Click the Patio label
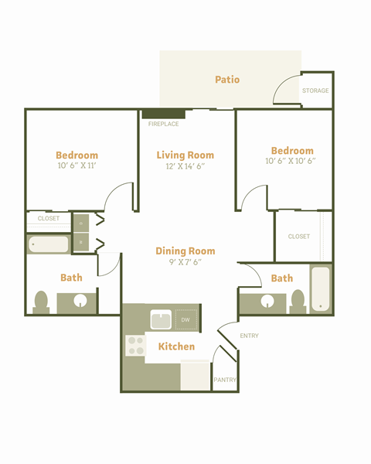click(x=227, y=80)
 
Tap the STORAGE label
click(x=315, y=91)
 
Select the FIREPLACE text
click(x=163, y=124)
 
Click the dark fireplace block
click(x=163, y=114)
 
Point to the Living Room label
click(x=185, y=155)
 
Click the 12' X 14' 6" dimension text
click(x=185, y=166)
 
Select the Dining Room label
click(x=185, y=251)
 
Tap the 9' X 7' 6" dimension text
click(x=185, y=262)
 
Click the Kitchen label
click(x=176, y=346)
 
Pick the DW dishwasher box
click(x=185, y=319)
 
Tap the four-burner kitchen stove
click(x=134, y=346)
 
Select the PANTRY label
click(x=225, y=380)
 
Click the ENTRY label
click(x=250, y=336)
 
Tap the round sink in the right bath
click(x=268, y=302)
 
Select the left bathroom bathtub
click(x=49, y=244)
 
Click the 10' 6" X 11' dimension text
click(x=77, y=166)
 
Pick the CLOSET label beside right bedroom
click(x=299, y=237)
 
